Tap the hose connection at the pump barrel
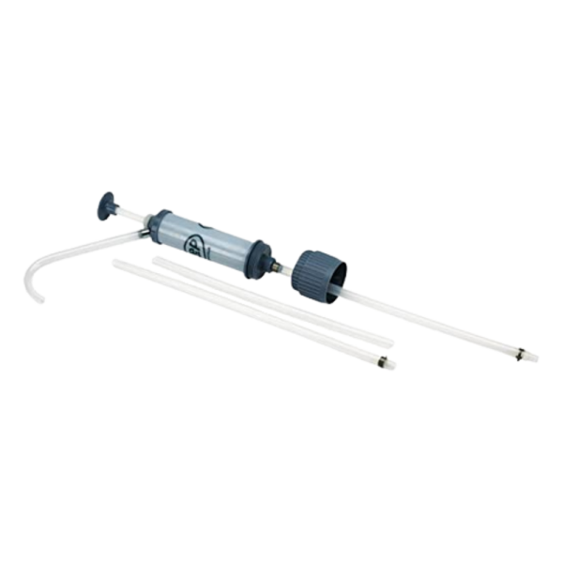[x=146, y=230]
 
